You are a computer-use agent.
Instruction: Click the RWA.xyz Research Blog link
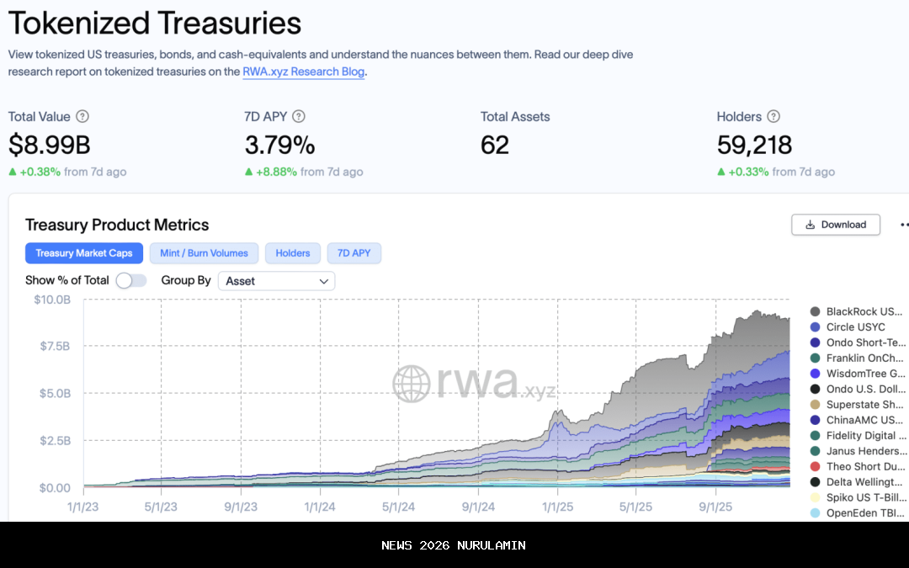(303, 72)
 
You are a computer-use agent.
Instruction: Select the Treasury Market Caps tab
(84, 253)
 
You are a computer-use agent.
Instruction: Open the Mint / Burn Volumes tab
(204, 253)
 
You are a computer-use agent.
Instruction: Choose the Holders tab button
(293, 253)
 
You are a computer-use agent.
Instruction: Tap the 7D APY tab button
(353, 253)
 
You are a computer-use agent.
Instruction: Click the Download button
(835, 225)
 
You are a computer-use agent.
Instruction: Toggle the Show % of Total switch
(131, 281)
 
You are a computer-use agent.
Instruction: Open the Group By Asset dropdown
(276, 281)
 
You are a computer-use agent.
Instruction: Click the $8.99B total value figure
(49, 145)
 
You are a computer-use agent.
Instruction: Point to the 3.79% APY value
(279, 145)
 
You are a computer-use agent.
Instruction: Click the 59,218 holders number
(754, 145)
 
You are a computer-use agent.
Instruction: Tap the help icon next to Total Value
(82, 117)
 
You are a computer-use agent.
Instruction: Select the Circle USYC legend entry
(855, 326)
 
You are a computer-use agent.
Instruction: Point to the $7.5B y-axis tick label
(52, 347)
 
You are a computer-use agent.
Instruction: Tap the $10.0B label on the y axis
(51, 300)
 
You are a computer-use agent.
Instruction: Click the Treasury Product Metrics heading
(117, 225)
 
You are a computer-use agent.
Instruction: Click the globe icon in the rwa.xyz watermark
(412, 384)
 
